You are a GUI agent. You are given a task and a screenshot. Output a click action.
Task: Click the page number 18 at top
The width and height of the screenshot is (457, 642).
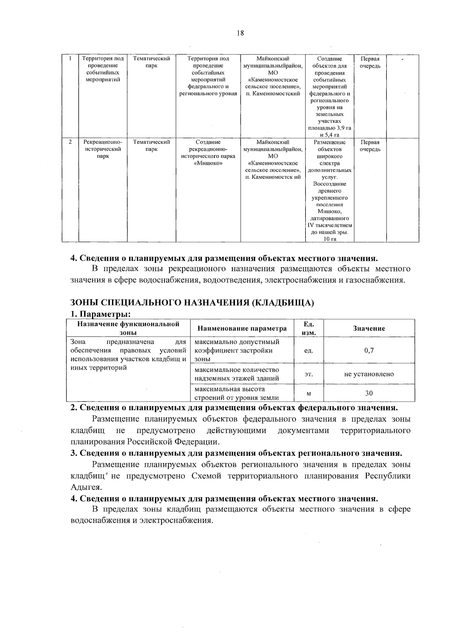[240, 33]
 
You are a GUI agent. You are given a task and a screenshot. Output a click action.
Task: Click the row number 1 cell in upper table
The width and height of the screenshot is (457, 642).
[70, 59]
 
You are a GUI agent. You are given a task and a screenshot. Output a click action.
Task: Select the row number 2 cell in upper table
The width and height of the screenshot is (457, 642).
[70, 142]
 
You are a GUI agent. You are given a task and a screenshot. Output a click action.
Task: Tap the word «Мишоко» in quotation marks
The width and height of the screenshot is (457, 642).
[208, 163]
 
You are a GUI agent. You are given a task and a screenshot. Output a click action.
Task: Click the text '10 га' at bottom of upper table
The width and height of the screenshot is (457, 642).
[329, 239]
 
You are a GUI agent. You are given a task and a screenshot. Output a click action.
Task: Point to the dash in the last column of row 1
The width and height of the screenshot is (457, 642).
[402, 59]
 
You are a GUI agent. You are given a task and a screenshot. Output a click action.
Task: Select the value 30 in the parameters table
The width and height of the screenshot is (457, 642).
[369, 393]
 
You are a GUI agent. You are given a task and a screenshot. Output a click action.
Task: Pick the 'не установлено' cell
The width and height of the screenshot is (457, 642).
[369, 374]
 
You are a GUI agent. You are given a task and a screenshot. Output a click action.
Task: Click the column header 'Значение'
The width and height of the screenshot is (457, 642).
[369, 328]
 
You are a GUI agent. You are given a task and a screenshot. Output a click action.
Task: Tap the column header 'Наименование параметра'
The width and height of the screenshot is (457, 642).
[242, 328]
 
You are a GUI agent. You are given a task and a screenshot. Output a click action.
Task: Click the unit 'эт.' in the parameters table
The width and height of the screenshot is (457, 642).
[308, 374]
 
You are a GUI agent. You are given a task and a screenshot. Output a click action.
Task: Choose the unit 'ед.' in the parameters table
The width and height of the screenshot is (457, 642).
[308, 350]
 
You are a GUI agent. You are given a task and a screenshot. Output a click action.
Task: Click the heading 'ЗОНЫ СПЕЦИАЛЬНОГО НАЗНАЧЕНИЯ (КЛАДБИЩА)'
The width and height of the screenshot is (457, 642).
[192, 303]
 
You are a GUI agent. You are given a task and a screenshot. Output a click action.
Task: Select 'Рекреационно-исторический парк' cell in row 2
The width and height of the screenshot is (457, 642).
[103, 149]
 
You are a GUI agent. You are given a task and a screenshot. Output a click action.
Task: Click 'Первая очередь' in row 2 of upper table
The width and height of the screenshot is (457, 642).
[370, 145]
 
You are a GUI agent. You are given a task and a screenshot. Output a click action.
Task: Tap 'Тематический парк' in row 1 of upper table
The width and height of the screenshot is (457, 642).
[151, 62]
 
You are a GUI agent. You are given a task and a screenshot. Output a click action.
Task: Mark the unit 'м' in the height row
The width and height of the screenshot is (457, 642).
[308, 393]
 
